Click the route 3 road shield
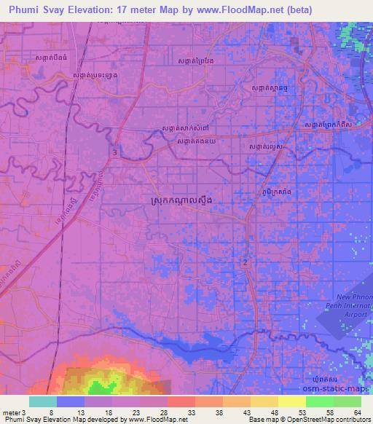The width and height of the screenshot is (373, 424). point(115,151)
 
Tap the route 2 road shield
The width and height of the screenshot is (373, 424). point(246,262)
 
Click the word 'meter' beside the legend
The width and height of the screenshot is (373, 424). point(10,412)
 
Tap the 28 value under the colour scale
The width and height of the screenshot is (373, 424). point(164,412)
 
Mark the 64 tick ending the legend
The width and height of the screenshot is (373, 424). point(356,412)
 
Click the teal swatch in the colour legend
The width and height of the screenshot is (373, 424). point(43,401)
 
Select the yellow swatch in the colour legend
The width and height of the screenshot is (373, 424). point(291,401)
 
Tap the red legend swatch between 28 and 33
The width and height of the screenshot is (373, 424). point(181,401)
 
